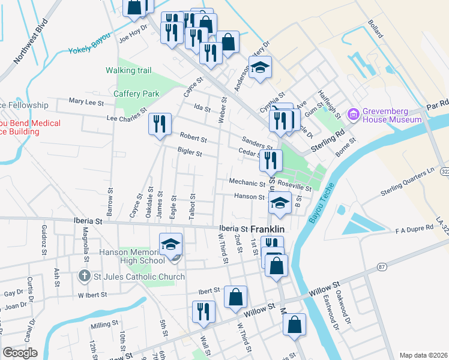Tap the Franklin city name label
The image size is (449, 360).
[267, 229]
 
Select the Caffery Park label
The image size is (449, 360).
[137, 94]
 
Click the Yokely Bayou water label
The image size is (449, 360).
[90, 50]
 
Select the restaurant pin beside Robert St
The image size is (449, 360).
[160, 124]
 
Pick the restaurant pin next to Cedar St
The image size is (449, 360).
[271, 160]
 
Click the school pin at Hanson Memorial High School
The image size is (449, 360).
[170, 245]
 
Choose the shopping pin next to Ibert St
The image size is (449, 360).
[235, 296]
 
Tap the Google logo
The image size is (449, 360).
[20, 353]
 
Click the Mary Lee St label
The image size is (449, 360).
[86, 102]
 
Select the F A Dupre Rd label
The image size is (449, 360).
[414, 229]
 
